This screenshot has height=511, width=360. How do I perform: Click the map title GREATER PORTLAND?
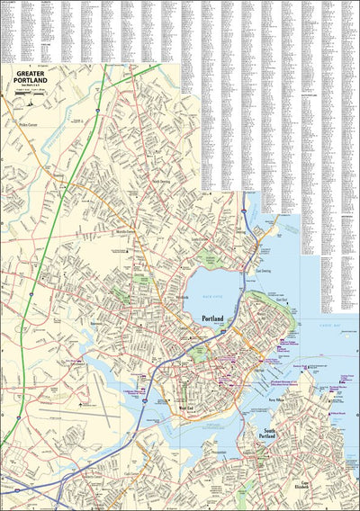(x=31, y=80)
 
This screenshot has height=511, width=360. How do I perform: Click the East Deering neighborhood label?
(x=263, y=271)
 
